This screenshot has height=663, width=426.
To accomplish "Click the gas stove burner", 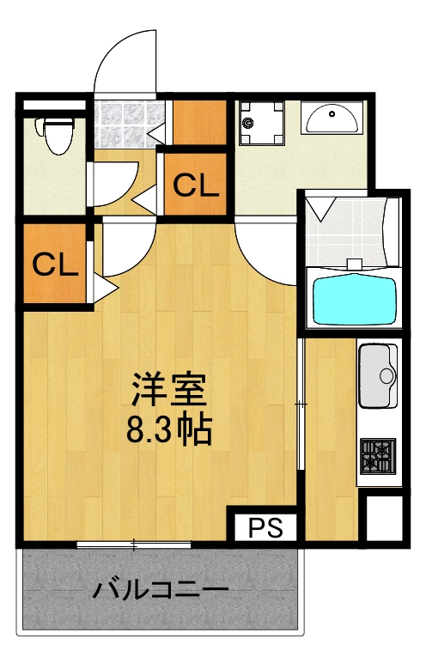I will pos(376,455).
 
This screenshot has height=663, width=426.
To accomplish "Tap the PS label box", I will pos(265,526).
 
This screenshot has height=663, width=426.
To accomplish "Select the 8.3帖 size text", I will pos(169,429).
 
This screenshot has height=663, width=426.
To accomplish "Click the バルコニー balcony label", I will pos(161,592).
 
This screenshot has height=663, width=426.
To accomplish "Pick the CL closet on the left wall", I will pos(54,265).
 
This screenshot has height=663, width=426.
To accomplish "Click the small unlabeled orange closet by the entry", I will pos(199,122).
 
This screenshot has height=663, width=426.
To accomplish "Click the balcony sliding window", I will pos(135,544).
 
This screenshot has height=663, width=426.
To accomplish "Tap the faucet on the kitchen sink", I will pos(388,375).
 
